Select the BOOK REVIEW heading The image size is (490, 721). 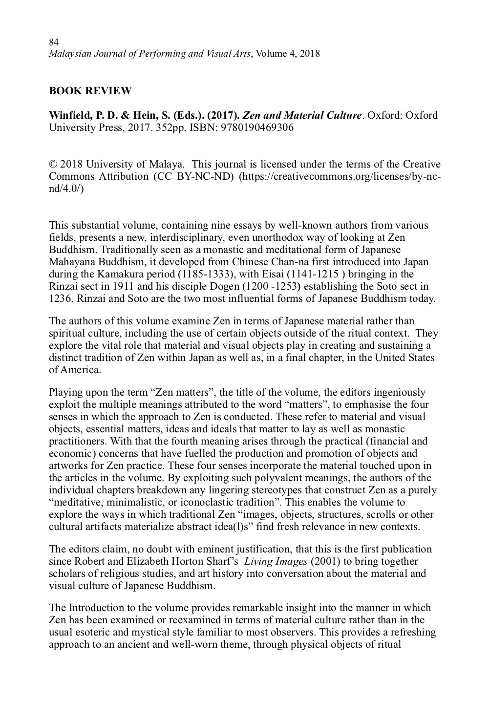(x=90, y=90)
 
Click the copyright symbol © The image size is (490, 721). (x=53, y=164)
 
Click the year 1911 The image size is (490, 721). (x=151, y=286)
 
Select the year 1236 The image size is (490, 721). (x=60, y=298)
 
